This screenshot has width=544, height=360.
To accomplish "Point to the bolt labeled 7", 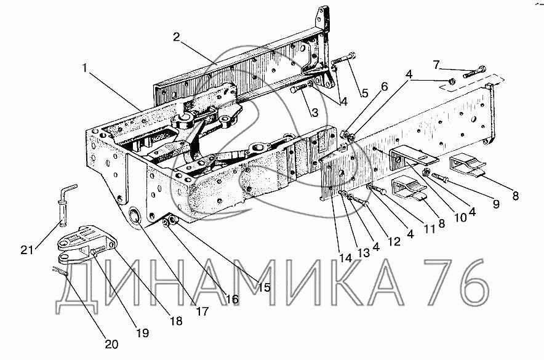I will pyautogui.click(x=474, y=71).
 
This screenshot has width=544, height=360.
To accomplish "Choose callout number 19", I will pyautogui.click(x=143, y=333).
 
